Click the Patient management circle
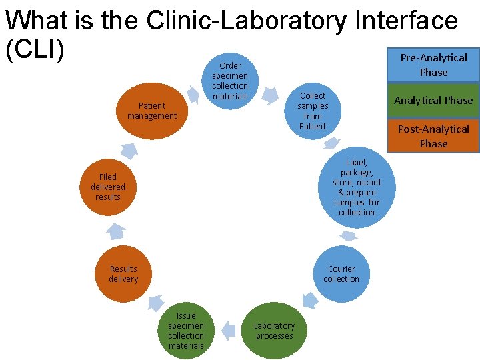click(152, 111)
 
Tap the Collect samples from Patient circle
click(312, 111)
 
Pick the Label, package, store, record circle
click(357, 187)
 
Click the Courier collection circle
click(341, 274)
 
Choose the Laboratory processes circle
click(274, 331)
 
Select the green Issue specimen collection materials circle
click(186, 331)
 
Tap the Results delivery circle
click(123, 274)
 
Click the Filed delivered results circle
click(108, 187)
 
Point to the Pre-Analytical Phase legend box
click(433, 65)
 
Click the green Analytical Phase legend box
click(433, 100)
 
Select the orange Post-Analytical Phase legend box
click(433, 136)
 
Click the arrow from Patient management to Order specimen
click(193, 95)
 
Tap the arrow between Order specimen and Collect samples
click(269, 95)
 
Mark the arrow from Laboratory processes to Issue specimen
click(229, 329)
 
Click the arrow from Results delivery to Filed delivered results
click(116, 231)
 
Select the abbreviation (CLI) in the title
click(35, 51)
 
